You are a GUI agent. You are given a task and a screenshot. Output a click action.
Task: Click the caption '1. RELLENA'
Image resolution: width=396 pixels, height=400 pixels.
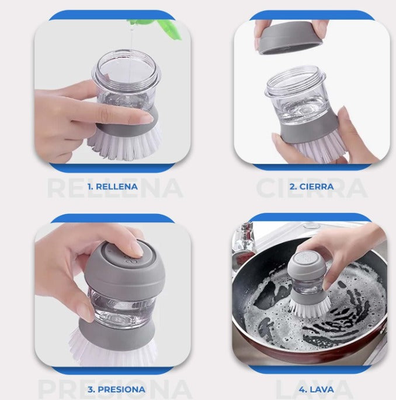[112, 187]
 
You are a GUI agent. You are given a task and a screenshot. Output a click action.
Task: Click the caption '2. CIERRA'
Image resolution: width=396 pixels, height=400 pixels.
[311, 187]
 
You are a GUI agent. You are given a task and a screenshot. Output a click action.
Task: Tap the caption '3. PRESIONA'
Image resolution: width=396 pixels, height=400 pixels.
[116, 390]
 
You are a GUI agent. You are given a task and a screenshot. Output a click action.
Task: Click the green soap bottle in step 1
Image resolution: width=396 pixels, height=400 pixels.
[156, 26]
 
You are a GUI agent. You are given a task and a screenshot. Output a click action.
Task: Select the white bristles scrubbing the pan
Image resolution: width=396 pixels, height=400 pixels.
[310, 307]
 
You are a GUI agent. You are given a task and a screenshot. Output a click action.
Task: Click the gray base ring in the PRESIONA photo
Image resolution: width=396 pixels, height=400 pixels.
[117, 332]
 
